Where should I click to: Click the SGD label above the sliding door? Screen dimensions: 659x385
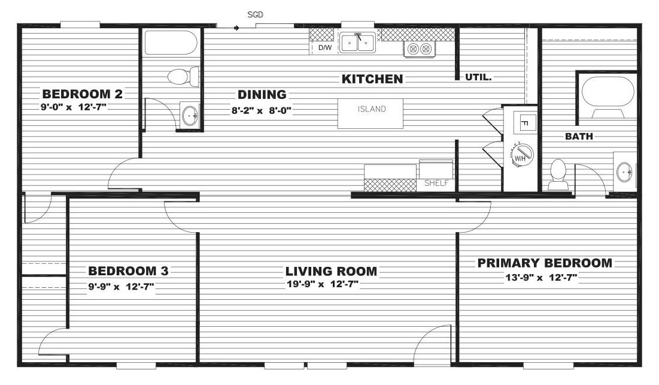(x=255, y=15)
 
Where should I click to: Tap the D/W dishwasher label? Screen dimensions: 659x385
(x=325, y=47)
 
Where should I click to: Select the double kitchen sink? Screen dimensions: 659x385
(x=358, y=43)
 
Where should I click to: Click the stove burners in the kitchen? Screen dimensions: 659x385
(x=420, y=49)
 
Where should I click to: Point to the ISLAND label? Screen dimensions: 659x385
(x=372, y=109)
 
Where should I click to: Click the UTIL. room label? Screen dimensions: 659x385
(x=478, y=77)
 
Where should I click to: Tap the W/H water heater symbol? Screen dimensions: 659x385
(x=521, y=154)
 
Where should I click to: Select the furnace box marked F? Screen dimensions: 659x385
(x=525, y=124)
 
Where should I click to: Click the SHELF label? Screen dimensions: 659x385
(x=436, y=184)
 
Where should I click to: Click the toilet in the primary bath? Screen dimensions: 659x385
(x=558, y=175)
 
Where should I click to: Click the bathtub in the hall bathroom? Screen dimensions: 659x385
(x=171, y=43)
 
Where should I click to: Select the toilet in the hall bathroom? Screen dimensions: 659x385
(x=183, y=77)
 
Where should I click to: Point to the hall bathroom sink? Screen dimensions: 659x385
(x=190, y=115)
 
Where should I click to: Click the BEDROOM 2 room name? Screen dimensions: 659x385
(x=83, y=94)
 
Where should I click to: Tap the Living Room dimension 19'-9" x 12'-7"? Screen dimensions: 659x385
(x=323, y=284)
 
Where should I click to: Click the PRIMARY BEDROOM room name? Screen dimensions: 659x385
(x=545, y=263)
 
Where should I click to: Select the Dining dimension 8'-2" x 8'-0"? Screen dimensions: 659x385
(x=262, y=111)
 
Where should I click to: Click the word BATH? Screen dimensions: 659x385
(x=579, y=137)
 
